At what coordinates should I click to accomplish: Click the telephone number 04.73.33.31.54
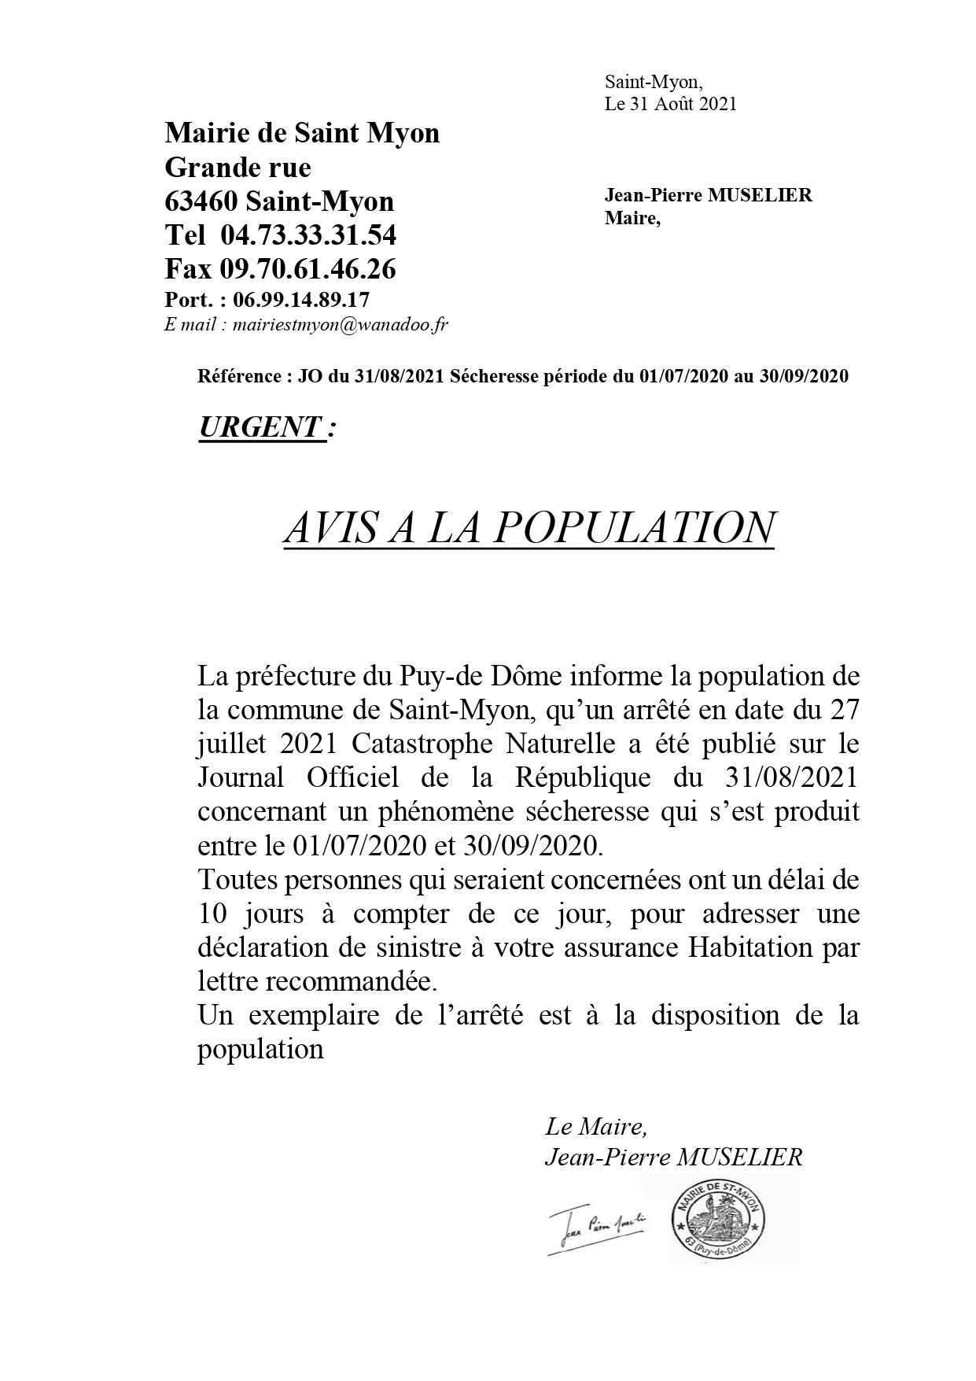[308, 234]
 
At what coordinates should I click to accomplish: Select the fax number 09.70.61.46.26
[308, 269]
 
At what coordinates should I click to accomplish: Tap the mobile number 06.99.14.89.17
[301, 300]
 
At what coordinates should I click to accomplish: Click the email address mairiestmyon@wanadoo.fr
[341, 325]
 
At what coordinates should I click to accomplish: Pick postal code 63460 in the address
[201, 201]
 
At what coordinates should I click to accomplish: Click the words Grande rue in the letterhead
[238, 167]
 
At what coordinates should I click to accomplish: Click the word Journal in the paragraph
[240, 777]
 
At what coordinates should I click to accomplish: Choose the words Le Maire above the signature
[595, 1127]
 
